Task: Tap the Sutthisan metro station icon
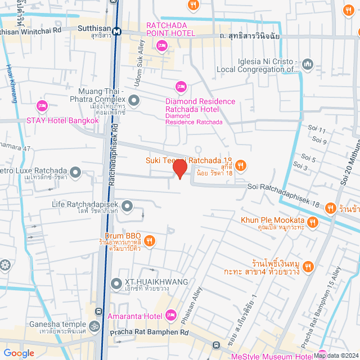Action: [116, 31]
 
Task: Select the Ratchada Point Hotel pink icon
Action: [162, 45]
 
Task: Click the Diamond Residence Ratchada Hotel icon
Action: [181, 86]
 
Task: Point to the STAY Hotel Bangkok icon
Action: [42, 105]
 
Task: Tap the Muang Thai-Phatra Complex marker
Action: [134, 101]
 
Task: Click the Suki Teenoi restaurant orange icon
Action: [241, 165]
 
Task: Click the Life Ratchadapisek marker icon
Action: [127, 206]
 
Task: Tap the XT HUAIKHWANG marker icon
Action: [116, 283]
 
